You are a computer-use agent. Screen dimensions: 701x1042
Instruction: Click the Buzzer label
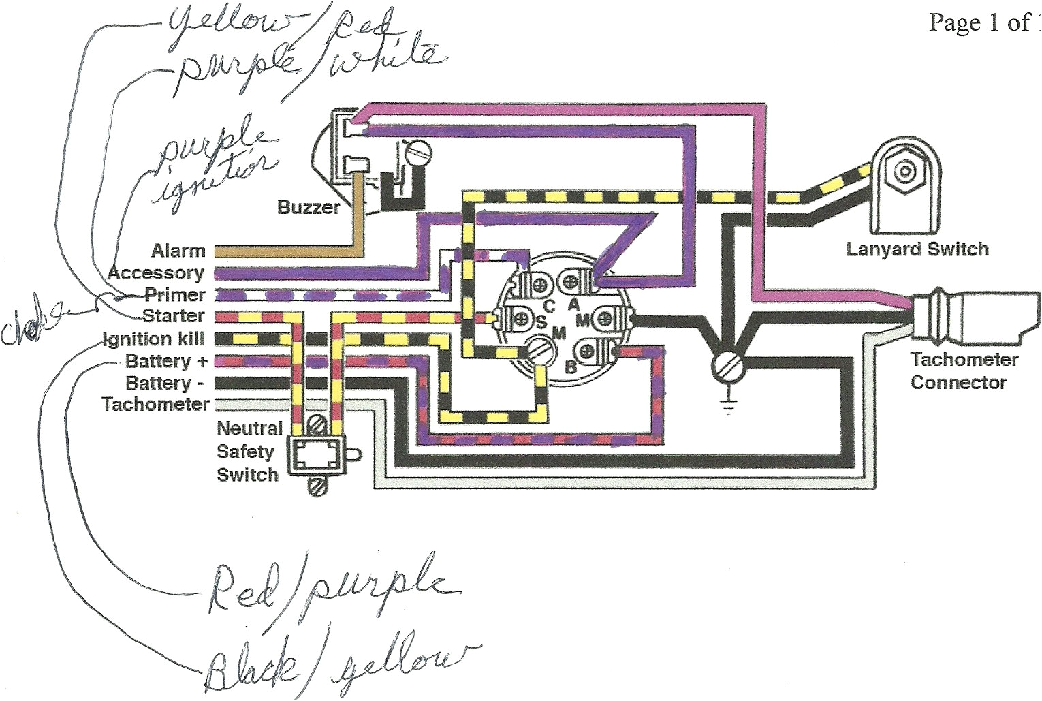[308, 207]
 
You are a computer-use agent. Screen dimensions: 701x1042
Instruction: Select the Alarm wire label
[178, 251]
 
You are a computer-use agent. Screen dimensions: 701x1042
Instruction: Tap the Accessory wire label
[156, 273]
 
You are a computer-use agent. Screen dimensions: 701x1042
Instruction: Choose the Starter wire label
[173, 316]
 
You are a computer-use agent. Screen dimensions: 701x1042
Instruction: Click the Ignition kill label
[153, 339]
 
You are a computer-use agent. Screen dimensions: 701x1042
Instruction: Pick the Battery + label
[166, 360]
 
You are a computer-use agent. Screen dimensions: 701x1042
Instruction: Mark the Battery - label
[165, 382]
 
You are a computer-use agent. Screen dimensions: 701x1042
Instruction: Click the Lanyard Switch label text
[917, 249]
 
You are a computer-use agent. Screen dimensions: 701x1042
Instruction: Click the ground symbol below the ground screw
[729, 407]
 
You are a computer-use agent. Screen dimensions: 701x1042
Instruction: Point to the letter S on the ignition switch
[541, 323]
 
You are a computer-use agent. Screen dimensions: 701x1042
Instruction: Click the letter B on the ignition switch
[571, 368]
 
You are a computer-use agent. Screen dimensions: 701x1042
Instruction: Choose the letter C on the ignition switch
[549, 307]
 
